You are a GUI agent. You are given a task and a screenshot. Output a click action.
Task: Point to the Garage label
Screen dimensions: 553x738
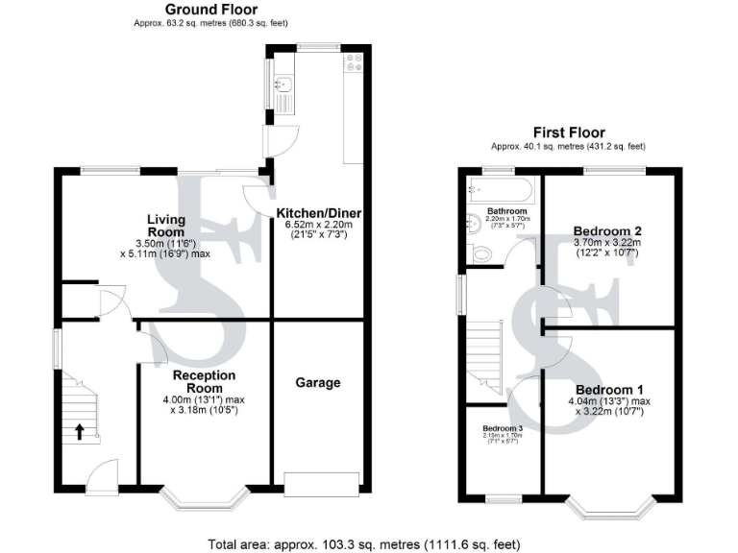317,382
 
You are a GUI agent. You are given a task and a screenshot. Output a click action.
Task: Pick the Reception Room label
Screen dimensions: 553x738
204,381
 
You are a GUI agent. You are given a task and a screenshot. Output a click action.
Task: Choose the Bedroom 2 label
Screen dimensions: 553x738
606,230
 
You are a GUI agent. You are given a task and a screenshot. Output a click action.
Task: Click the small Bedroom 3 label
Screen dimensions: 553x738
503,427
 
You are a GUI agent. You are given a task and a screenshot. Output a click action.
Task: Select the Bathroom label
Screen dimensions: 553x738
506,210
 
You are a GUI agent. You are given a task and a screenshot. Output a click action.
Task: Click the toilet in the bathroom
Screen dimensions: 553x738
484,253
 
